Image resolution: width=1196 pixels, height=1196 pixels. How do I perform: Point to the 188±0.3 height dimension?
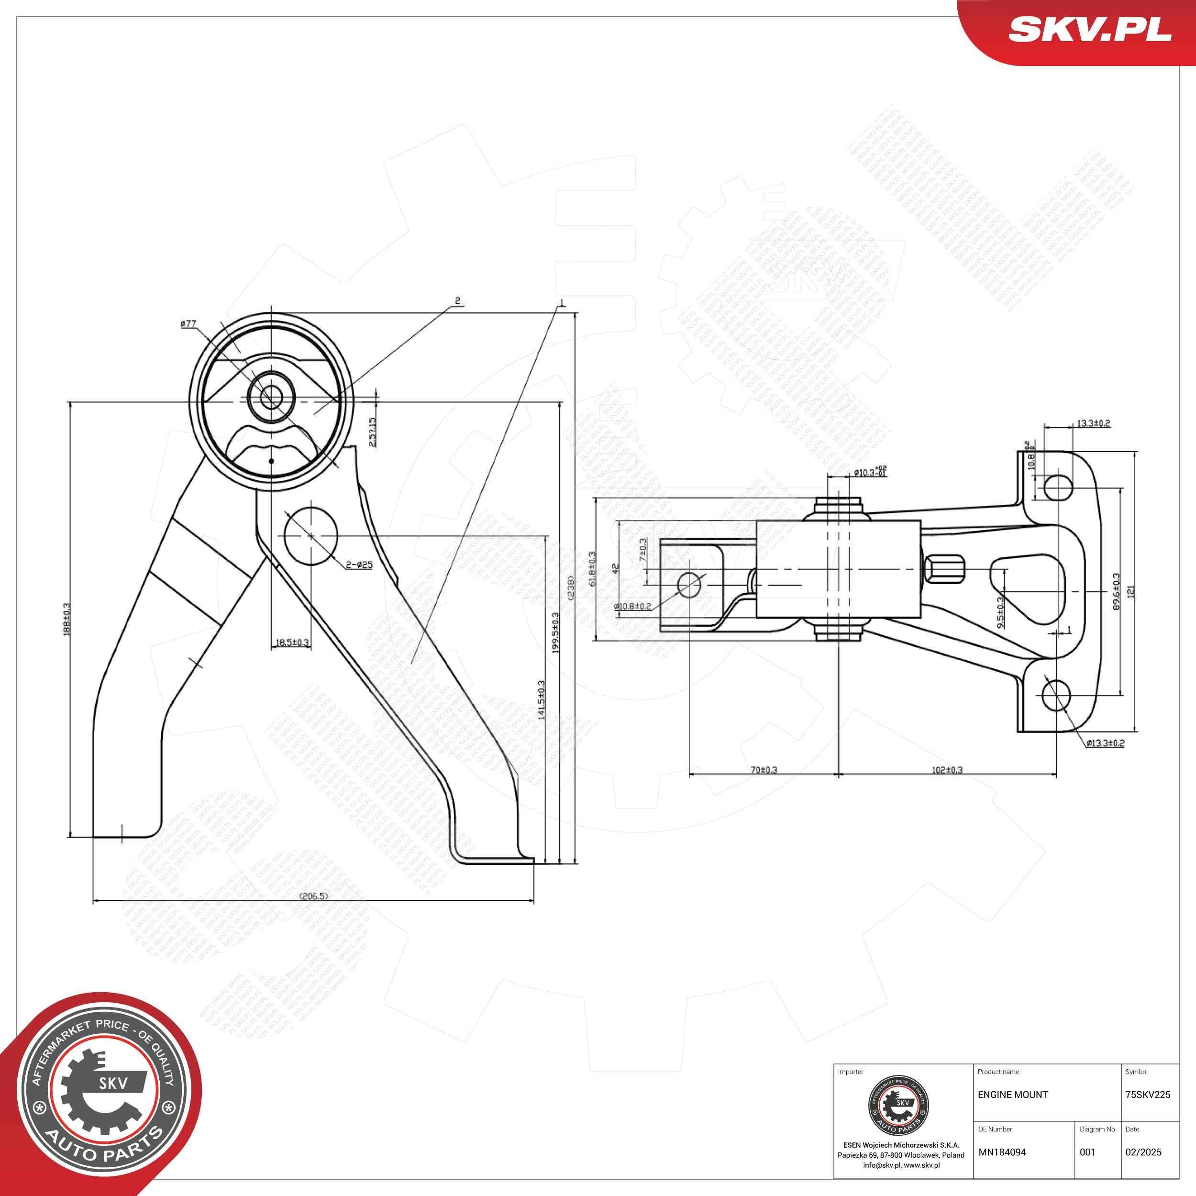(66, 619)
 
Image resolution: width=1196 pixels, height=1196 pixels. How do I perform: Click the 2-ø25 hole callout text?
(360, 565)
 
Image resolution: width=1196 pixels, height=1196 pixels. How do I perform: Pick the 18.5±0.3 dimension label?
(291, 642)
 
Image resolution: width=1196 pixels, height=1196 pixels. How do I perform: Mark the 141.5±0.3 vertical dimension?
(541, 699)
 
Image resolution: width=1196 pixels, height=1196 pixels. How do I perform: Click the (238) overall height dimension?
(571, 587)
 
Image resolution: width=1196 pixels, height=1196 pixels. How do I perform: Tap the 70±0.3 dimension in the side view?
(763, 770)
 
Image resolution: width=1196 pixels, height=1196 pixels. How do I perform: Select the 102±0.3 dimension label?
(947, 770)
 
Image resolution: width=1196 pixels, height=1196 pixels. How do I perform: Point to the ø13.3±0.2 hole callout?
(1105, 743)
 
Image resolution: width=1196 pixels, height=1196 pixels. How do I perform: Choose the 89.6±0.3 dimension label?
(1116, 592)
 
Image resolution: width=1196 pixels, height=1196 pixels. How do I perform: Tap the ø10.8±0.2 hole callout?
(632, 607)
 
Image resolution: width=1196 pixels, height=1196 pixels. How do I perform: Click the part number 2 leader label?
(457, 301)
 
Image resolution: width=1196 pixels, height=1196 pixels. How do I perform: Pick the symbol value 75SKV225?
(1148, 1095)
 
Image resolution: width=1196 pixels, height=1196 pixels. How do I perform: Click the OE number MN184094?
(1002, 1152)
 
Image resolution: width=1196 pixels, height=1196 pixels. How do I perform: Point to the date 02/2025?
(1143, 1152)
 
